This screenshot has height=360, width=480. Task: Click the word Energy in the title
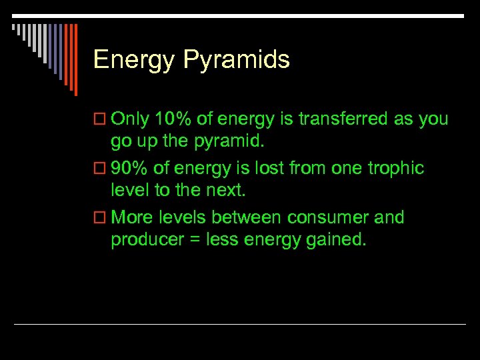click(x=134, y=61)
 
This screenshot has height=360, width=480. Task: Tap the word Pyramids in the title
click(x=236, y=61)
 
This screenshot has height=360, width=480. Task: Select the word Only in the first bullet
click(x=130, y=119)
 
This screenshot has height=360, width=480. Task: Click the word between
click(x=248, y=218)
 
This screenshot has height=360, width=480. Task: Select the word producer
click(x=143, y=240)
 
